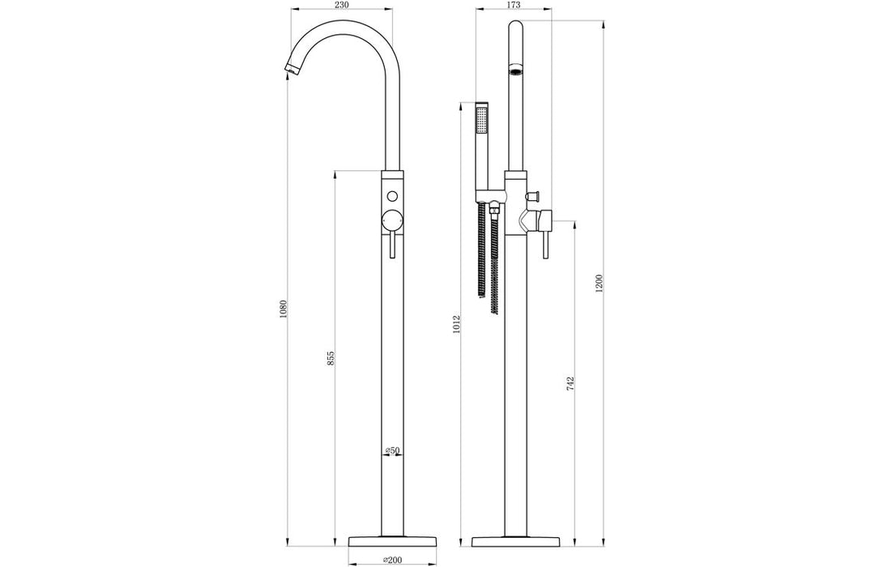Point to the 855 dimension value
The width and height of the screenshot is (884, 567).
tap(331, 359)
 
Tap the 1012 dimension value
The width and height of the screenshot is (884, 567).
tap(458, 325)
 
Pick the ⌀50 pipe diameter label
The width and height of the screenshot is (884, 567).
tap(391, 450)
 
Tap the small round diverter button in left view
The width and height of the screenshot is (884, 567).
tap(392, 197)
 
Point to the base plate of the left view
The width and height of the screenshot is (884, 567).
tap(392, 540)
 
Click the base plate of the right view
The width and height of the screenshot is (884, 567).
tap(515, 540)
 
